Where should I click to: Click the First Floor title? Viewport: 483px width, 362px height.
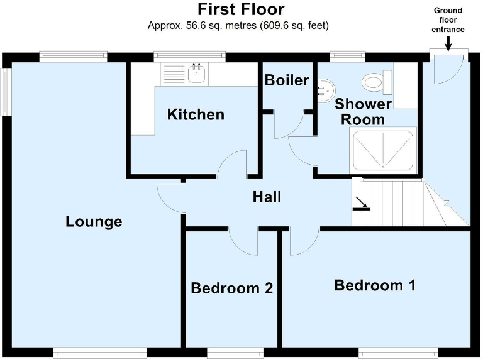pos(241,9)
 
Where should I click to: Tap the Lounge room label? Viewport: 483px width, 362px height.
pos(94,222)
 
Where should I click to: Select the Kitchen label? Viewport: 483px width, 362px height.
pos(196,114)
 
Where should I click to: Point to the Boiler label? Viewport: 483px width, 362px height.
pos(287,80)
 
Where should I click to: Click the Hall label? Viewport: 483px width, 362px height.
pos(267,197)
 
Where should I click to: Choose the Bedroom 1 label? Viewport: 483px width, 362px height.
pos(375,285)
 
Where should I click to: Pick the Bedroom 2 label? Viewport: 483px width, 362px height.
pos(231,288)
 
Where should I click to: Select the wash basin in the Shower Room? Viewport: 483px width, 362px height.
pos(325,91)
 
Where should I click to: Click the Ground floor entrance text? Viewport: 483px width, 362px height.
pos(448,19)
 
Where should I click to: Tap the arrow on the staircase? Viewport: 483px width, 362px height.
pos(361,203)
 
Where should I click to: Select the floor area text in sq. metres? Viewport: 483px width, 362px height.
pos(238,26)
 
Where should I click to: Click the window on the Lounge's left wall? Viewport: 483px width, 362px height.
pos(6,92)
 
